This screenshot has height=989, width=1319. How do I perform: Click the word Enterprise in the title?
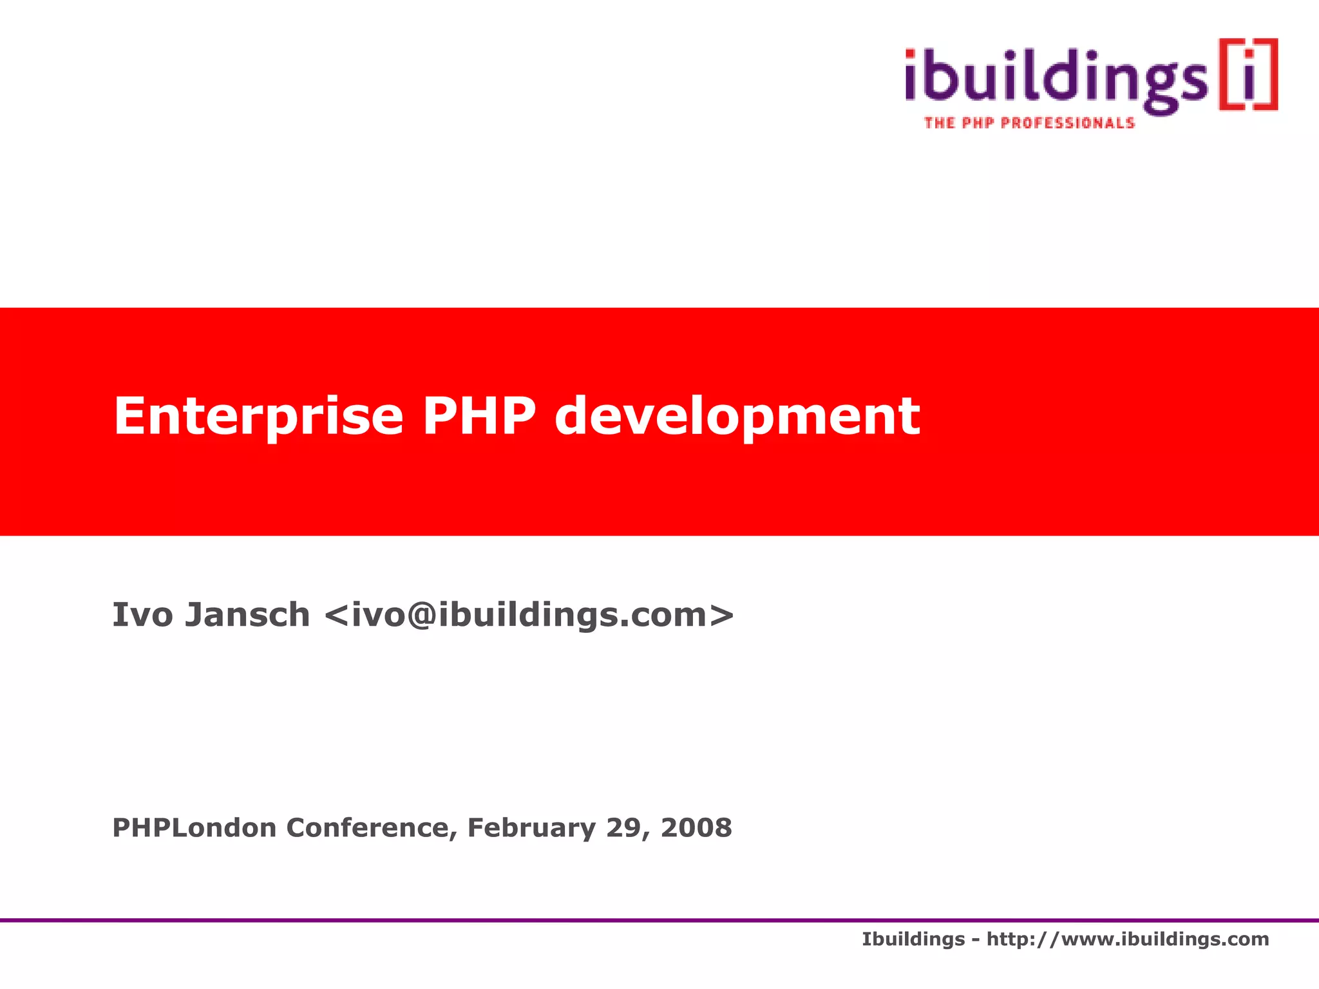click(x=258, y=417)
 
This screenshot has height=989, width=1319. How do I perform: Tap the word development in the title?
click(x=737, y=417)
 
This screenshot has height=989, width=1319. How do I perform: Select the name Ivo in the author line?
click(x=142, y=614)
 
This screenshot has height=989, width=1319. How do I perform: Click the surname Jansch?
click(x=248, y=614)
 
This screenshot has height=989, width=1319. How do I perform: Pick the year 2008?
click(x=696, y=827)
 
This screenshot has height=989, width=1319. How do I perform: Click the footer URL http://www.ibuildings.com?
click(x=1128, y=939)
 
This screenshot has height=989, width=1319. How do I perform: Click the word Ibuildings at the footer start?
click(x=913, y=939)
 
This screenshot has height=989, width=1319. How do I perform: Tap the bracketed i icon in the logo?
click(x=1248, y=75)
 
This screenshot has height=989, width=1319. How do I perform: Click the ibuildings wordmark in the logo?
click(x=1056, y=80)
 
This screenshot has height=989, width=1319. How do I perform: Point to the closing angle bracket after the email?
click(x=723, y=616)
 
